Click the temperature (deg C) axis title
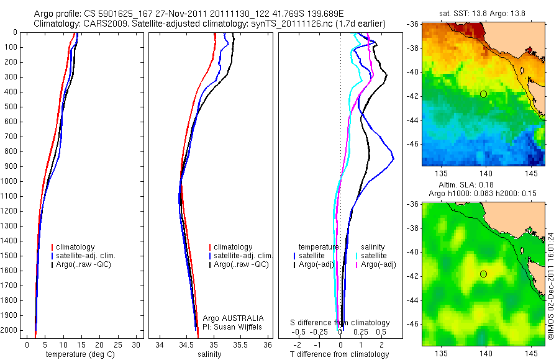[78, 354]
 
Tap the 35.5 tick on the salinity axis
[240, 344]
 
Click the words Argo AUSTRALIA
[229, 318]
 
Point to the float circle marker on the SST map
[483, 94]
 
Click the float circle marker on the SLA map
[483, 274]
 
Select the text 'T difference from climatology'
[339, 354]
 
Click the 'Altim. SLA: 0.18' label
[483, 185]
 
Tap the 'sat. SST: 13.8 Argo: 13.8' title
[483, 14]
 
